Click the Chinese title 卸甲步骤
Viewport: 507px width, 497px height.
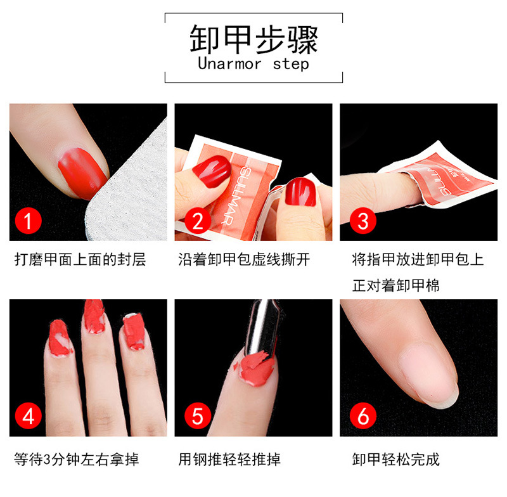[253, 39]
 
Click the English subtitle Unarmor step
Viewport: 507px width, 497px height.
[253, 64]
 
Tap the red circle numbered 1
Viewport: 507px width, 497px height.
[29, 222]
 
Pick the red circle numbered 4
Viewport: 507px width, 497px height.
[29, 416]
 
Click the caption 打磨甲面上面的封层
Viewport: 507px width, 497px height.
[80, 260]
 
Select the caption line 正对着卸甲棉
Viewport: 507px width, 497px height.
[395, 286]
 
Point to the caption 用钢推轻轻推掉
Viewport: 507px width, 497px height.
[229, 459]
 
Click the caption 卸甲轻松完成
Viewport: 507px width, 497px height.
[395, 459]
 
